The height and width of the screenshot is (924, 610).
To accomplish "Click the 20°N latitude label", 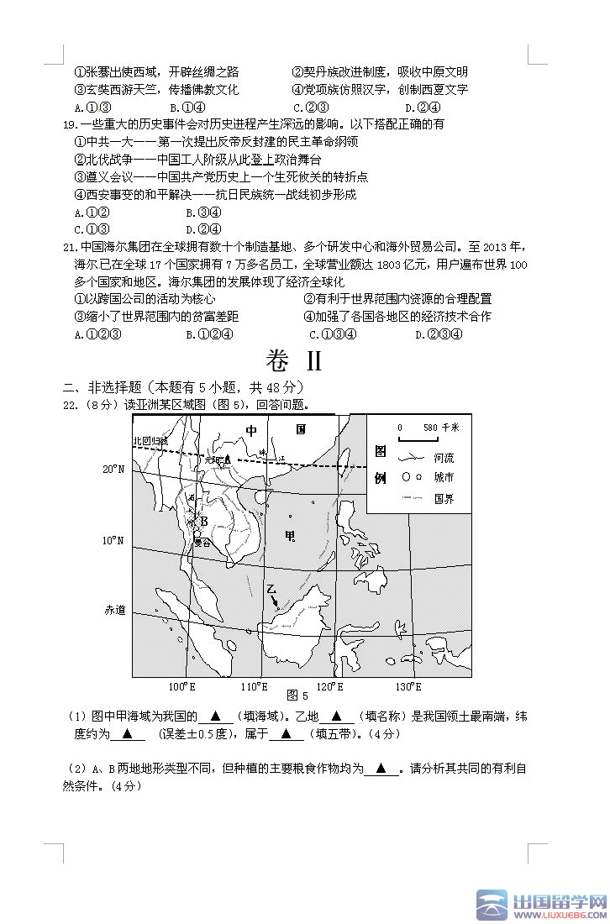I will click(x=113, y=469).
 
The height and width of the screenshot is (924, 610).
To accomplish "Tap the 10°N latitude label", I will click(x=113, y=540).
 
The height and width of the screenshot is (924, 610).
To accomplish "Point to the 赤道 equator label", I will click(x=114, y=610).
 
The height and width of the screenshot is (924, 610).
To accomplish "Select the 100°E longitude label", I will click(x=181, y=686).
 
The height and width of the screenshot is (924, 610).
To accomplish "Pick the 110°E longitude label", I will click(x=254, y=686).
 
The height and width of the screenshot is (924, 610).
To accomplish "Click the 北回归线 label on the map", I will click(x=150, y=440).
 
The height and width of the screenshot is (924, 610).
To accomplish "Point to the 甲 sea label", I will click(x=291, y=536).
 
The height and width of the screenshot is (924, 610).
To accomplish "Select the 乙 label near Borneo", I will click(x=271, y=590).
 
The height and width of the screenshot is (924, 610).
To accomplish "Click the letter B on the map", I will click(x=203, y=521).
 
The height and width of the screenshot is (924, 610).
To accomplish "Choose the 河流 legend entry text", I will click(x=444, y=459).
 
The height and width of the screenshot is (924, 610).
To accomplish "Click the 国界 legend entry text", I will click(x=444, y=499).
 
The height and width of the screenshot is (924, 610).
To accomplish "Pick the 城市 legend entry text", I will click(x=444, y=477).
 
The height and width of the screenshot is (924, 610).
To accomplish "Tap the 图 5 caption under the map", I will click(x=297, y=696).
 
